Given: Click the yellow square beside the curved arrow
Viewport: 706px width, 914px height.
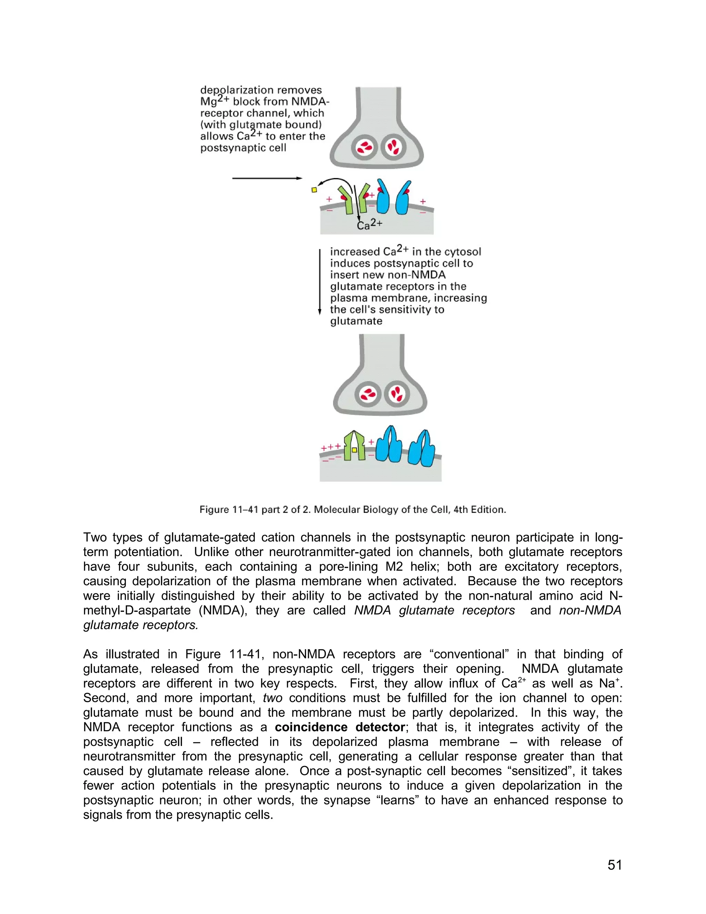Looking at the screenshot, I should (314, 190).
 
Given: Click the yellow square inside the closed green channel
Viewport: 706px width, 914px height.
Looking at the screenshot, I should (354, 450).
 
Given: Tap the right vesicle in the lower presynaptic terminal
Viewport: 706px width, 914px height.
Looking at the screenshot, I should (396, 394).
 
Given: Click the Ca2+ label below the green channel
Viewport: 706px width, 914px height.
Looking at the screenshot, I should (370, 225).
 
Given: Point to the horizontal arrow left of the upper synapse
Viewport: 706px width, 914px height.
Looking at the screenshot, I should (267, 178).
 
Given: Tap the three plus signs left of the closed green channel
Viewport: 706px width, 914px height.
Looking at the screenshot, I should (330, 447).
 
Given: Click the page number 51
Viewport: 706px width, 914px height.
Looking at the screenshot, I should (614, 865).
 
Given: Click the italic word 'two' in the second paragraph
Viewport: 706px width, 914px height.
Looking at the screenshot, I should (272, 698).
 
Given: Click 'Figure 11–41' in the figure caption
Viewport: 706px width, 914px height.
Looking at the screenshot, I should (229, 510).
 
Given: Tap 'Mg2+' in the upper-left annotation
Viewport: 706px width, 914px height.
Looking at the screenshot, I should (214, 101).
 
